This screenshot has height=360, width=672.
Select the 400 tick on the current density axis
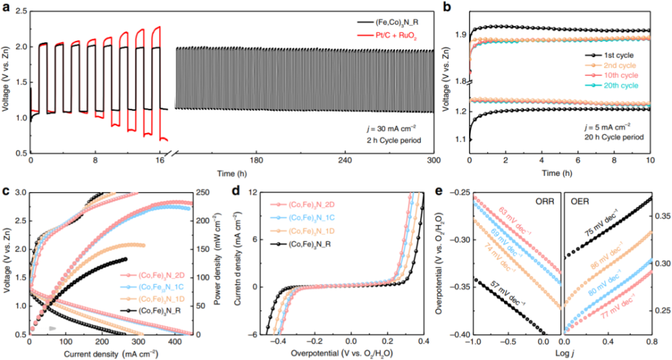[x=272, y=341]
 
